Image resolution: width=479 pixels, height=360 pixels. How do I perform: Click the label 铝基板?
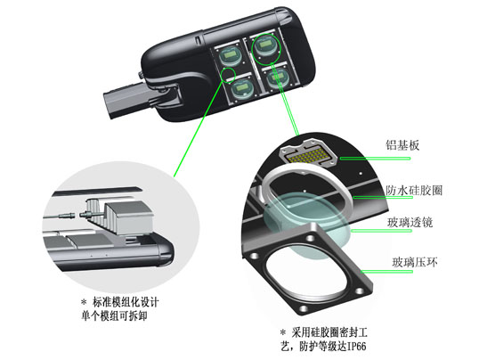(402, 145)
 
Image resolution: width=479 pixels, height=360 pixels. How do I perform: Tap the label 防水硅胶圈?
(414, 191)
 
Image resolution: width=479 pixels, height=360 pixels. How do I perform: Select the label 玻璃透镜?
(410, 223)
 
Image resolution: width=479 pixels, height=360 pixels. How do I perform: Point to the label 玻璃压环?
(415, 262)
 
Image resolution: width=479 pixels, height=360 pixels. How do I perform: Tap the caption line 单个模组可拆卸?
(114, 316)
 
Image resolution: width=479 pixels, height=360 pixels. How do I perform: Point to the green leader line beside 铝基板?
(375, 158)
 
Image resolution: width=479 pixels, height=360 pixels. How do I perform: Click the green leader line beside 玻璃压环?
(386, 271)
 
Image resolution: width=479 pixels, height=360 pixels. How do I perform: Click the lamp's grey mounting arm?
(122, 100)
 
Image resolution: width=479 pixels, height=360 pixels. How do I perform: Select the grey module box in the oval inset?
(128, 217)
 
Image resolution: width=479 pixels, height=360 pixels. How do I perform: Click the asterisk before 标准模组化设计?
(84, 302)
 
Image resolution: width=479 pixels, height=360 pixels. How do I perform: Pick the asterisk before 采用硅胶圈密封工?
(283, 332)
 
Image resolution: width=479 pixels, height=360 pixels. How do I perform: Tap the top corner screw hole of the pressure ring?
(311, 237)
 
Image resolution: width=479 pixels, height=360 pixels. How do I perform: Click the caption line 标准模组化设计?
(126, 302)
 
